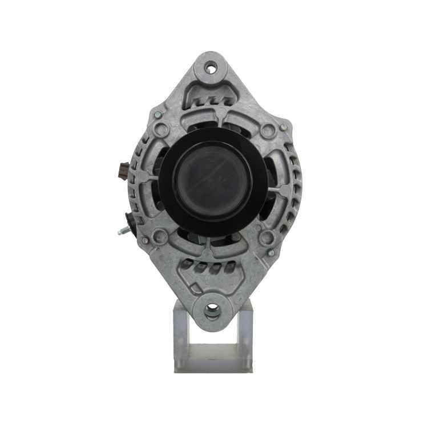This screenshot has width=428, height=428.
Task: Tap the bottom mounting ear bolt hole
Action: [x=212, y=310]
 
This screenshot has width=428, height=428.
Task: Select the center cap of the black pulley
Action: [x=212, y=181]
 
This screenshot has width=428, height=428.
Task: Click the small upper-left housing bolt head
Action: [x=156, y=115]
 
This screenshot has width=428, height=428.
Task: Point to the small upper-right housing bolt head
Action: [x=282, y=127]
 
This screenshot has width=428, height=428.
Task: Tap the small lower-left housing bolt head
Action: [x=145, y=240]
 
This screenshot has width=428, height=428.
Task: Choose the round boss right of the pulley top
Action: [x=267, y=131]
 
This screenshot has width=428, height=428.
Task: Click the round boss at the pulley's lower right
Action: [x=266, y=237]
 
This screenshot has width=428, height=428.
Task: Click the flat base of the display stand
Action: [x=213, y=365]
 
